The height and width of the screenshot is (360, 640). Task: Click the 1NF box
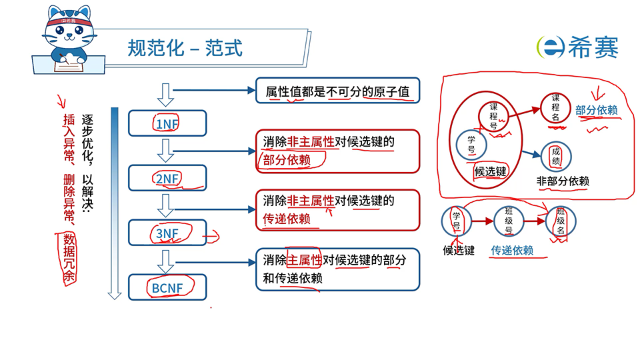pyautogui.click(x=167, y=124)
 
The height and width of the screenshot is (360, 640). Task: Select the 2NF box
pyautogui.click(x=167, y=178)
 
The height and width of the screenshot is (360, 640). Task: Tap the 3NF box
pyautogui.click(x=167, y=233)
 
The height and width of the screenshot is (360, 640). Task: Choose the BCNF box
pyautogui.click(x=167, y=288)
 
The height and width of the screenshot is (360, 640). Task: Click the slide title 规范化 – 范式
pyautogui.click(x=185, y=48)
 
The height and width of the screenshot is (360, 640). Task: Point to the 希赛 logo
pyautogui.click(x=577, y=47)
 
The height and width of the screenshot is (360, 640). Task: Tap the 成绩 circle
pyautogui.click(x=557, y=157)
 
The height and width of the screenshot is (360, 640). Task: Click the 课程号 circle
pyautogui.click(x=493, y=115)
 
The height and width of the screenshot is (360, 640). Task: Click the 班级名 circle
pyautogui.click(x=561, y=222)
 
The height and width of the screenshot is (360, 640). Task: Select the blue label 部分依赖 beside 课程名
pyautogui.click(x=597, y=110)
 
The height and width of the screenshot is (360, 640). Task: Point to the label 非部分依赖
pyautogui.click(x=563, y=181)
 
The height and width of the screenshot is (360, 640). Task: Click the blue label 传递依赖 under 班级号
pyautogui.click(x=512, y=251)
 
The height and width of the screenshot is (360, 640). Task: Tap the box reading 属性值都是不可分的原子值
pyautogui.click(x=337, y=91)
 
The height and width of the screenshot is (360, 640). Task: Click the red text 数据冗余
pyautogui.click(x=68, y=260)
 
